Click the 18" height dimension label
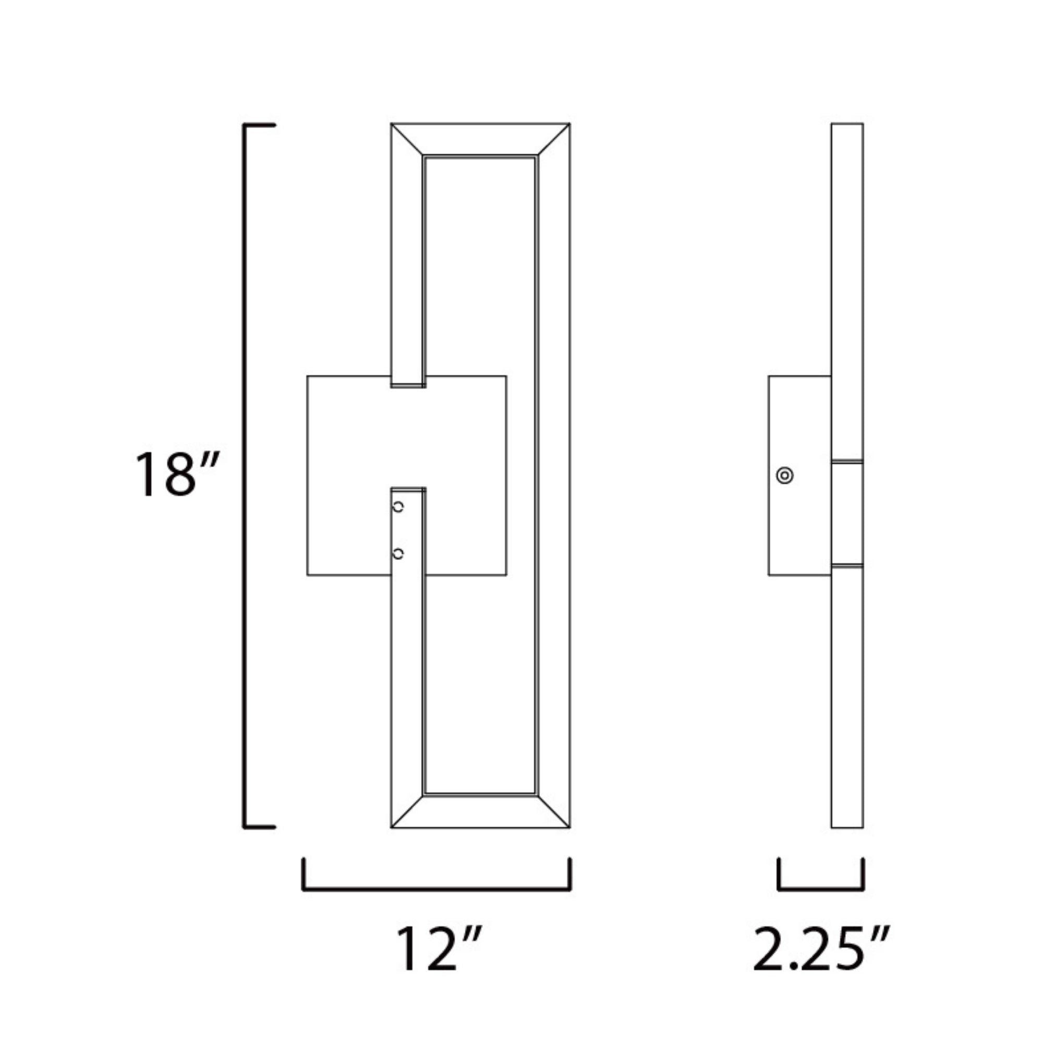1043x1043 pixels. (177, 474)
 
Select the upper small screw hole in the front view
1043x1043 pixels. (398, 507)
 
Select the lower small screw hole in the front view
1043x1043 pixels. (398, 553)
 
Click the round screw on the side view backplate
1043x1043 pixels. (784, 476)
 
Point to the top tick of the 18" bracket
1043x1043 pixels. (260, 125)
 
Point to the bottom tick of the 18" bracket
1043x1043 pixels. (260, 827)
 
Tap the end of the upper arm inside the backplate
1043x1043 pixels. (408, 385)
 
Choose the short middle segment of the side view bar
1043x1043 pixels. (847, 513)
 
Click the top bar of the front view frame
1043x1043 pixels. (480, 139)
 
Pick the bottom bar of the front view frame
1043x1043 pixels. (480, 812)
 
